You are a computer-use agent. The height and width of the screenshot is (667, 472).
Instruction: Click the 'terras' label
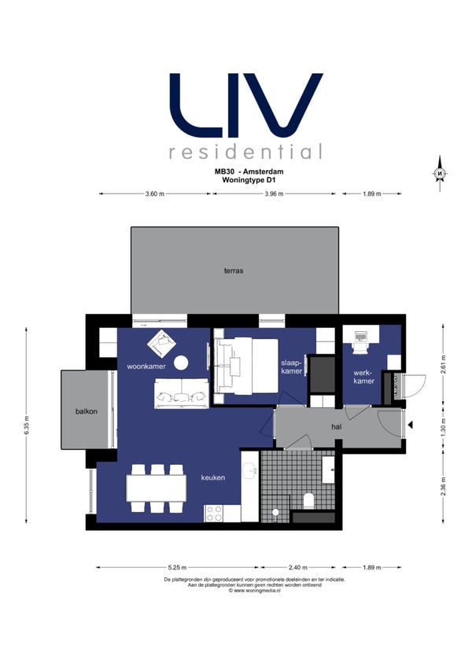pyautogui.click(x=234, y=271)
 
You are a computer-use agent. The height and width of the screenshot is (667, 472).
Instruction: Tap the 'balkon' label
pyautogui.click(x=87, y=411)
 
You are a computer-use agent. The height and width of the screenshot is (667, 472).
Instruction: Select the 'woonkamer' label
pyautogui.click(x=146, y=366)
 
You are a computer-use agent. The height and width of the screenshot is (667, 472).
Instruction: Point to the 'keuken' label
pyautogui.click(x=213, y=477)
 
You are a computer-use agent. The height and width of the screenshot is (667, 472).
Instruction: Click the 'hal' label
pyautogui.click(x=336, y=426)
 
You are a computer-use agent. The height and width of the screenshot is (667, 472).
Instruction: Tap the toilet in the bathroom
pyautogui.click(x=309, y=501)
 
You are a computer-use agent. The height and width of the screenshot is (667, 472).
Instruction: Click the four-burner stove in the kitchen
pyautogui.click(x=214, y=513)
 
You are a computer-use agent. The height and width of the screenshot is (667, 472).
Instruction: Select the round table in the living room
pyautogui.click(x=181, y=363)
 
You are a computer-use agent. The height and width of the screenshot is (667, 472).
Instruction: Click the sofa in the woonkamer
pyautogui.click(x=182, y=393)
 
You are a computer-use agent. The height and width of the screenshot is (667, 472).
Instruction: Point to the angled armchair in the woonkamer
pyautogui.click(x=162, y=343)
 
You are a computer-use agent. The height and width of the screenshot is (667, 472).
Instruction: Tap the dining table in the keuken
pyautogui.click(x=157, y=488)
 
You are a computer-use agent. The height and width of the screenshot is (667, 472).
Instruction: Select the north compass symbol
pyautogui.click(x=440, y=174)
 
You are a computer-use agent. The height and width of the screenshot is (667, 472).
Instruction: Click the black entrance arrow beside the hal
pyautogui.click(x=411, y=425)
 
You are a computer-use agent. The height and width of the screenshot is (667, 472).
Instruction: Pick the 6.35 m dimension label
pyautogui.click(x=27, y=425)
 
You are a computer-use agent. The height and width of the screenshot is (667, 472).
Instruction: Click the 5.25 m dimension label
pyautogui.click(x=177, y=567)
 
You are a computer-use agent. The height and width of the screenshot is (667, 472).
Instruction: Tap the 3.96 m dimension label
pyautogui.click(x=274, y=193)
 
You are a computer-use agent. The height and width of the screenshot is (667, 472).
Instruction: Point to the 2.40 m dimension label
pyautogui.click(x=297, y=567)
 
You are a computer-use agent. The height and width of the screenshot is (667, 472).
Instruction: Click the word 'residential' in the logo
pyautogui.click(x=245, y=152)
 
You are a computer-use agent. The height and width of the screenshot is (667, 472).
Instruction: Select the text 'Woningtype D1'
pyautogui.click(x=249, y=179)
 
